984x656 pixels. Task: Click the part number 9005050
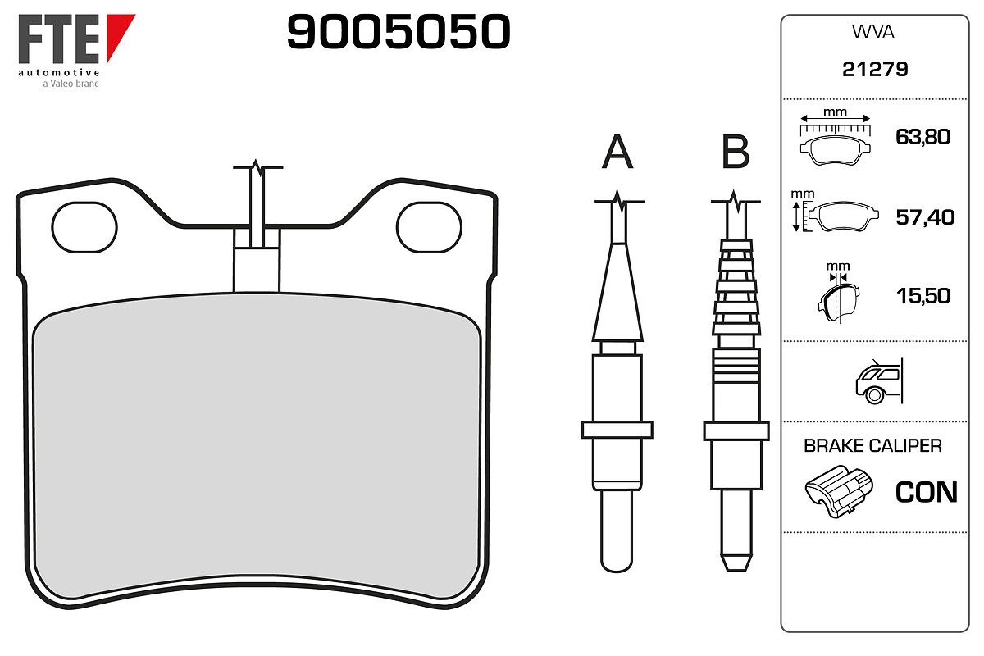pos(399,33)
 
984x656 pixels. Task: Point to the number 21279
pos(875,70)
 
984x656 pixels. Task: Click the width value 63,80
pos(922,136)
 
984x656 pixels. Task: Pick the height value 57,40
pos(925,217)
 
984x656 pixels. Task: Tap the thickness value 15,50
pos(922,295)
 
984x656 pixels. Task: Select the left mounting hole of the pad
pos(84,225)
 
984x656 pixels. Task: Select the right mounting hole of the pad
pos(429,225)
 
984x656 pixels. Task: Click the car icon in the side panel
pos(877,381)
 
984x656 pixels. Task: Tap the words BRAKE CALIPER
pos(872,446)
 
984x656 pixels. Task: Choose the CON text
pos(926,492)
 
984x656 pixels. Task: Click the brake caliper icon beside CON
pos(839,491)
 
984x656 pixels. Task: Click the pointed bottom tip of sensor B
pos(736,564)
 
